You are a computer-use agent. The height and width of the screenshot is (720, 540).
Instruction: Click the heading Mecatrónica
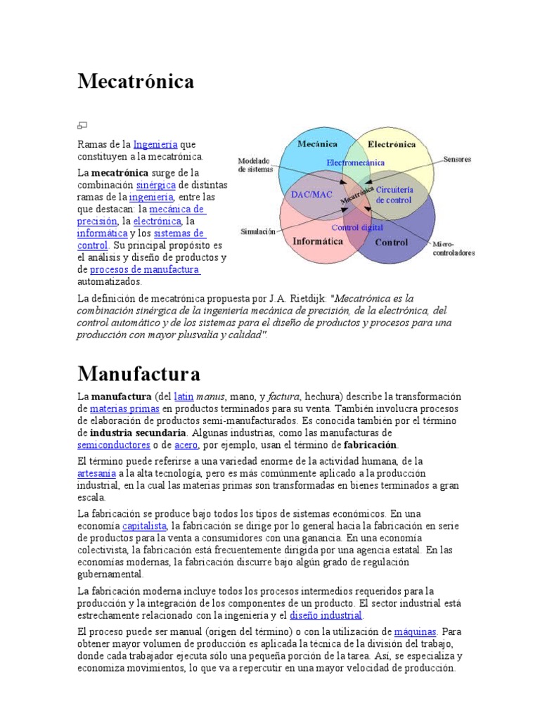[x=136, y=82]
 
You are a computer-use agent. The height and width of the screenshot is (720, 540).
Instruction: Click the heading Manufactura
[x=139, y=373]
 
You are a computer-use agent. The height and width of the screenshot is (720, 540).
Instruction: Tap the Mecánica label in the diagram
[x=318, y=143]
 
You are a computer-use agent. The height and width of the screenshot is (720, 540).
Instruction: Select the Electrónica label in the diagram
[x=391, y=144]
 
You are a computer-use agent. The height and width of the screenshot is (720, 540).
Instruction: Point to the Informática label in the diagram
[x=317, y=241]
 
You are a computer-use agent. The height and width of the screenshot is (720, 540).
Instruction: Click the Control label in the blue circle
[x=391, y=243]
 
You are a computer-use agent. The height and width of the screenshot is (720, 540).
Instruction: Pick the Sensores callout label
[x=457, y=160]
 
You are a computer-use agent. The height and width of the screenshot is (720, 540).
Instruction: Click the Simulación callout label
[x=258, y=231]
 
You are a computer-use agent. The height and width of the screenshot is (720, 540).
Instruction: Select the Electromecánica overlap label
[x=355, y=162]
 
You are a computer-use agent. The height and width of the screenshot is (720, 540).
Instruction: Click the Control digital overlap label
[x=357, y=227]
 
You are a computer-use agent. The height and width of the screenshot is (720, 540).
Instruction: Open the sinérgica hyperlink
[x=155, y=185]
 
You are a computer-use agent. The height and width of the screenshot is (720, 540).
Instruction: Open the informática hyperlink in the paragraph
[x=103, y=233]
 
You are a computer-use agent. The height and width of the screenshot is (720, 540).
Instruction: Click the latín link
[x=184, y=396]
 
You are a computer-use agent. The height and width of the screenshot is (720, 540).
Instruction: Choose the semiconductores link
[x=114, y=445]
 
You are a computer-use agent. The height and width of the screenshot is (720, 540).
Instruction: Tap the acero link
[x=186, y=445]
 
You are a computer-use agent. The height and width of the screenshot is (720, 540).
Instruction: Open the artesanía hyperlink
[x=95, y=473]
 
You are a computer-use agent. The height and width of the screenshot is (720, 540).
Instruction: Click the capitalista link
[x=144, y=526]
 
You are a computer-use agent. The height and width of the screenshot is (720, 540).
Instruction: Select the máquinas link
[x=416, y=631]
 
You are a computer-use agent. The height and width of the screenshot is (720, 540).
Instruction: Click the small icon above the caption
[x=82, y=126]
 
